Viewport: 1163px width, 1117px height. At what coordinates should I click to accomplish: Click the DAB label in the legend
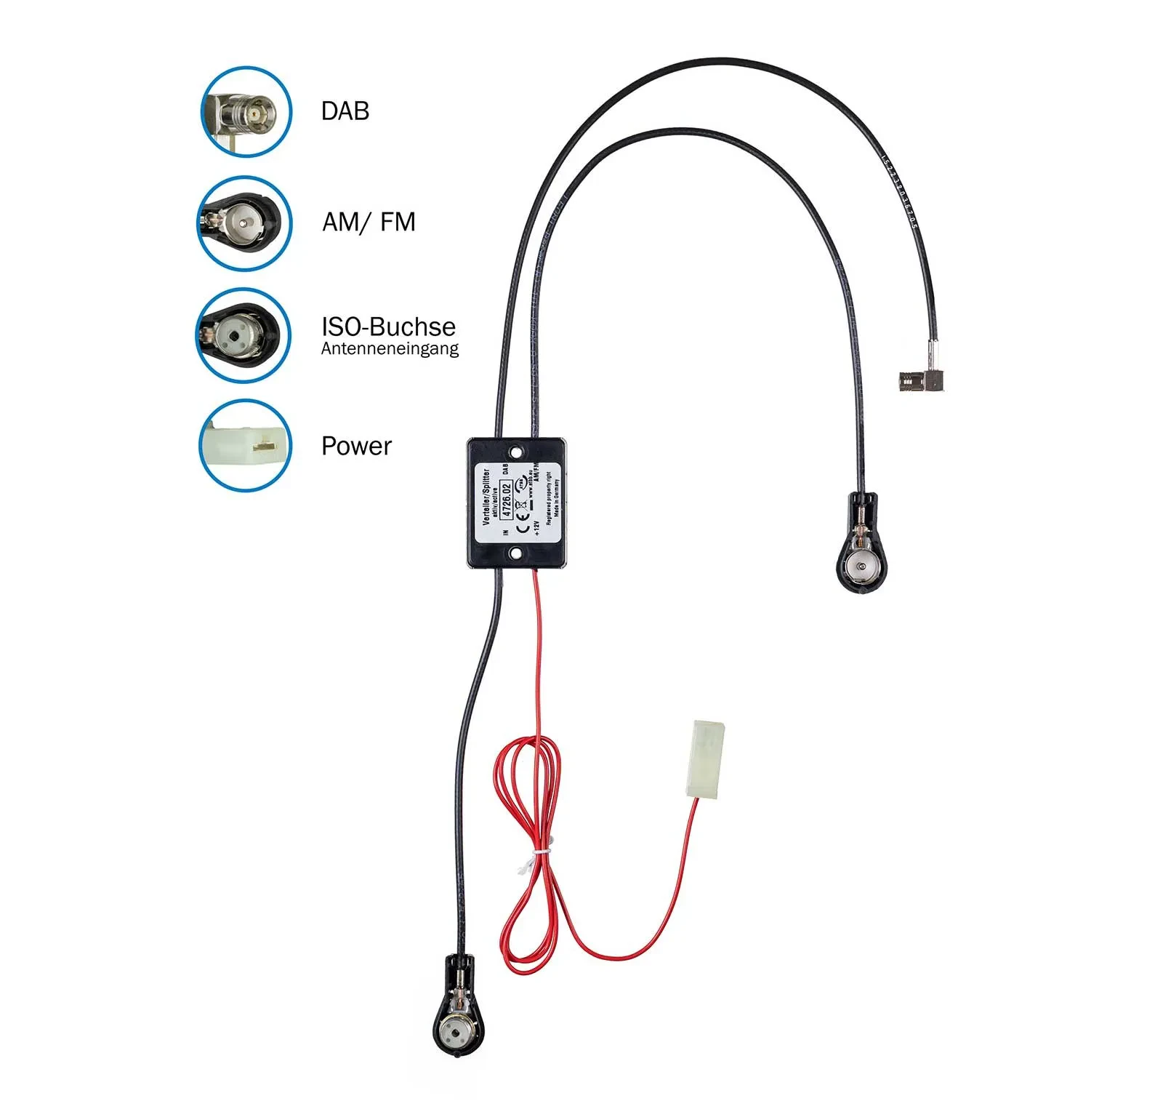[345, 111]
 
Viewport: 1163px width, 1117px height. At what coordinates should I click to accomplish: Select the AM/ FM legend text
[369, 222]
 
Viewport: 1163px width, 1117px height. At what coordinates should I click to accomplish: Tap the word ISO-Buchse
[388, 327]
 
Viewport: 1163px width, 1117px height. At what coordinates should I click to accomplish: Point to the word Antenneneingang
[390, 349]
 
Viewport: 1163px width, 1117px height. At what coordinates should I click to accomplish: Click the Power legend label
[356, 446]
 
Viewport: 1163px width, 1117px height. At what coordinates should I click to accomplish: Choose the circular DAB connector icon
[246, 112]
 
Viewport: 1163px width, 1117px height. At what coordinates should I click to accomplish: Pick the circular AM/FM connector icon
[244, 223]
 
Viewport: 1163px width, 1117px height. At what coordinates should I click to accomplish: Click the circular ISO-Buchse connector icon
[243, 335]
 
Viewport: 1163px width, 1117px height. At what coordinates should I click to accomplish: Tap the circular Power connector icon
[245, 445]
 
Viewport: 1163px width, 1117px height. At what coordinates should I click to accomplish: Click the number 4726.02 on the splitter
[507, 498]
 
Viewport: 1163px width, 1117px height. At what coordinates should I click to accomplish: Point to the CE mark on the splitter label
[521, 526]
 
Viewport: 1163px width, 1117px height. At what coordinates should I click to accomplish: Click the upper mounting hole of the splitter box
[516, 452]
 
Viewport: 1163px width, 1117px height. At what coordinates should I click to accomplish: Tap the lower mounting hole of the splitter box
[515, 554]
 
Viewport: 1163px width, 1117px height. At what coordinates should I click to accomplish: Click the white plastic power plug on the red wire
[706, 759]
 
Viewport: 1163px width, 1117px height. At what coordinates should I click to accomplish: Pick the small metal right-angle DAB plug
[920, 379]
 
